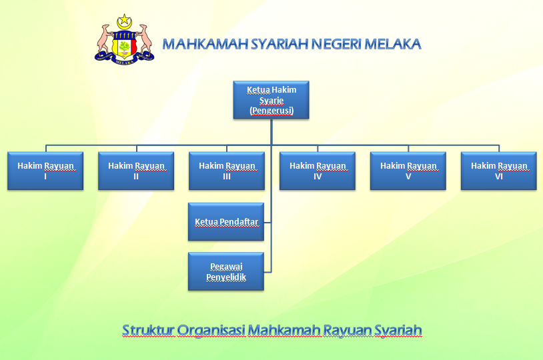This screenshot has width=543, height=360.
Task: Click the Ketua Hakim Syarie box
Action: click(x=271, y=100)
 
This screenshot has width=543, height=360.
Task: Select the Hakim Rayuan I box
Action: click(x=45, y=171)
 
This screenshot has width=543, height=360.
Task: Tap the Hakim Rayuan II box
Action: click(x=136, y=171)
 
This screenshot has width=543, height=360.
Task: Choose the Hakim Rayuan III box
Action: click(x=227, y=171)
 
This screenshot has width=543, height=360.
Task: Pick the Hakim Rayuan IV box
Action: click(x=318, y=171)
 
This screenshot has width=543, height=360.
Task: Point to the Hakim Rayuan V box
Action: click(x=408, y=171)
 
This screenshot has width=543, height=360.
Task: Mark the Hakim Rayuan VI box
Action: click(x=499, y=171)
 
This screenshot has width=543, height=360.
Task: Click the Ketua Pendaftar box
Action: click(x=226, y=221)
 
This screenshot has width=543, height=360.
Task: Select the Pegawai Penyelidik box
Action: click(x=226, y=271)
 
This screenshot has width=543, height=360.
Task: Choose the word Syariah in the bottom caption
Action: click(x=398, y=330)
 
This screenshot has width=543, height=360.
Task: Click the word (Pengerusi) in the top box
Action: click(x=271, y=111)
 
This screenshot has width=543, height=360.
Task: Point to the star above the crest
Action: click(x=123, y=20)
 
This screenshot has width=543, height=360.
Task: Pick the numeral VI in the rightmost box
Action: click(x=499, y=177)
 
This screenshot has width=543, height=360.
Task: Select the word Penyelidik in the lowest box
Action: click(x=226, y=277)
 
